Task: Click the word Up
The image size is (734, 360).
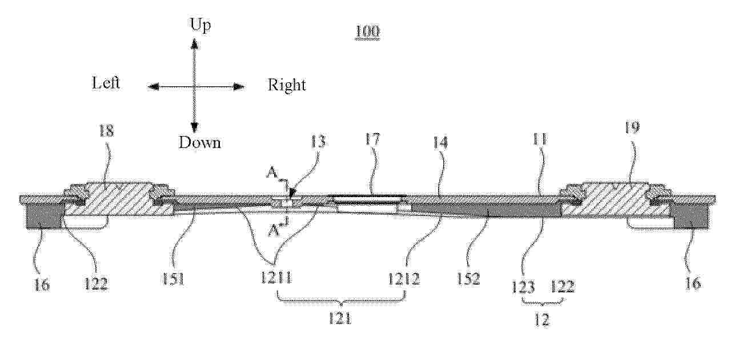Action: (200, 25)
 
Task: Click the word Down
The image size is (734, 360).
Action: (199, 142)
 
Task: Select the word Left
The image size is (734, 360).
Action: (106, 83)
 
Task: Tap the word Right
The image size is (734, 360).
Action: (287, 85)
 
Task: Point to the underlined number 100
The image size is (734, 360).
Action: (367, 31)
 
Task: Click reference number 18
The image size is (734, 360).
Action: (106, 131)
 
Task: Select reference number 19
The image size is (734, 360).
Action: (632, 127)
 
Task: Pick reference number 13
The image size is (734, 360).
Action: (318, 141)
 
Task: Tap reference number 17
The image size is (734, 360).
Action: (372, 139)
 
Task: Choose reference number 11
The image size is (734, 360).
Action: (540, 139)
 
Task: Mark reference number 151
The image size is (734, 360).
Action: (173, 279)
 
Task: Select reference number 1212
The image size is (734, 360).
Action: (404, 279)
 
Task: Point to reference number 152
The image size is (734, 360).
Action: (468, 278)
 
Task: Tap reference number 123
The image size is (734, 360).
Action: (523, 287)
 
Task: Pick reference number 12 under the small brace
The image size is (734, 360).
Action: (542, 320)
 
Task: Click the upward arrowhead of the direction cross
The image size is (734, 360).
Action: (195, 43)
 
